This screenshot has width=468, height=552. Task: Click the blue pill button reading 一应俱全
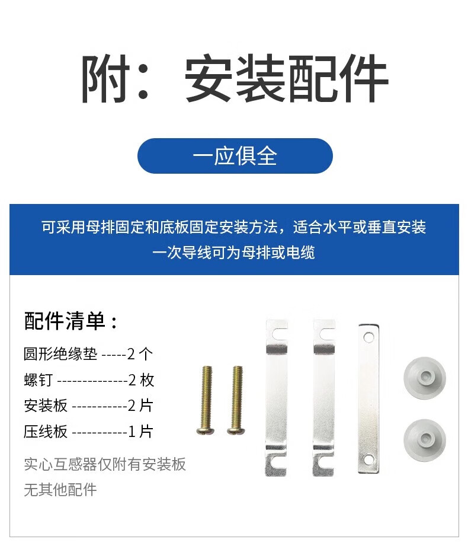[x=235, y=156]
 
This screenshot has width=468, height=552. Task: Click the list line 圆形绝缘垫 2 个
[x=88, y=354]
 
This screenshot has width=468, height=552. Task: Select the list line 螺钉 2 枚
[x=89, y=380]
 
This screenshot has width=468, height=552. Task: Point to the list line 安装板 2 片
[x=88, y=406]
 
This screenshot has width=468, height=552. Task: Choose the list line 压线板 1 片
[x=88, y=432]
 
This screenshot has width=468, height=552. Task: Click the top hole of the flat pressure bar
[x=368, y=337]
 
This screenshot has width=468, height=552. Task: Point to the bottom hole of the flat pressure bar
[x=368, y=460]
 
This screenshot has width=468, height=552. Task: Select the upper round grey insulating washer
[x=425, y=378]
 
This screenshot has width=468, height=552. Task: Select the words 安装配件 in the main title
[x=286, y=78]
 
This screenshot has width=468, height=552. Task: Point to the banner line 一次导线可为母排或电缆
[x=233, y=253]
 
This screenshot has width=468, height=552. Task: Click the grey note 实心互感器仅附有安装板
[x=105, y=464]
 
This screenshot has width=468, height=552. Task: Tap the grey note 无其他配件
[x=60, y=490]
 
